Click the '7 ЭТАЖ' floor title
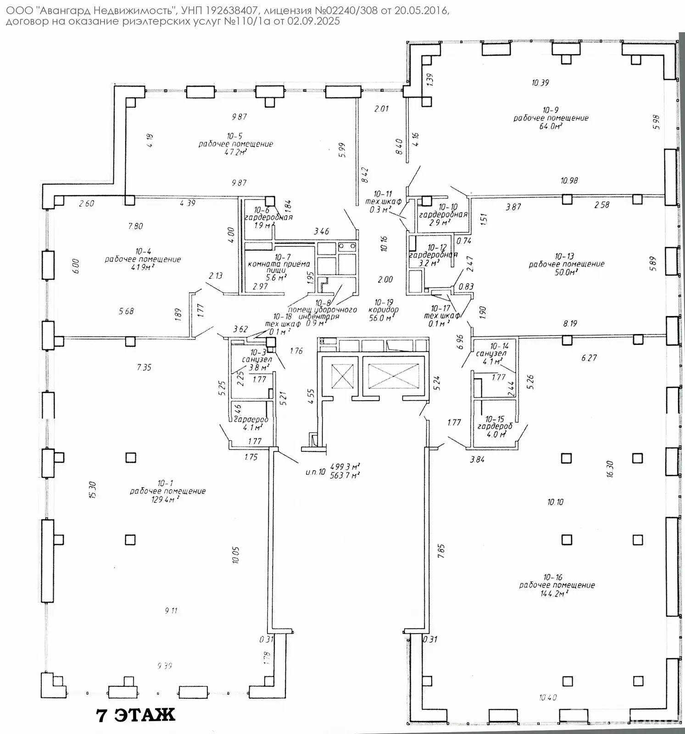tap(135, 715)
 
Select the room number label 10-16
tap(552, 577)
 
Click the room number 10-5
tap(234, 136)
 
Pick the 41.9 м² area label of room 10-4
tap(142, 267)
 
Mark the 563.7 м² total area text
tap(345, 475)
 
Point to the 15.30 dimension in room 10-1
tap(94, 490)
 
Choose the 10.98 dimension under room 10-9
tap(569, 180)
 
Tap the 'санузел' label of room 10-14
tap(491, 353)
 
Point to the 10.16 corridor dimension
tap(384, 243)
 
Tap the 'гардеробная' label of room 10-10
tap(443, 214)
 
